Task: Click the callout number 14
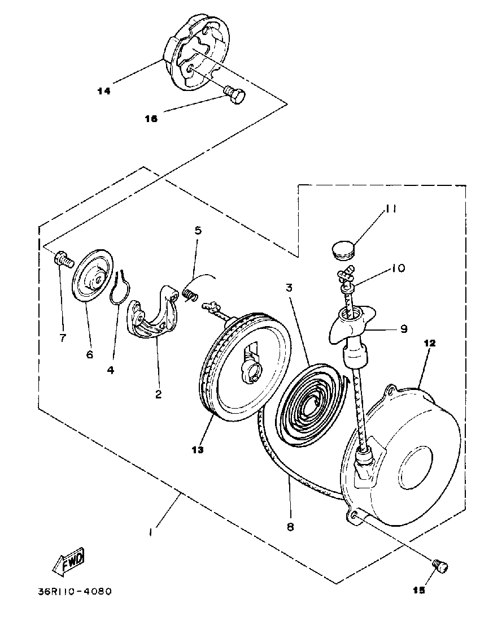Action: [x=104, y=90]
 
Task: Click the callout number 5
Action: [x=198, y=231]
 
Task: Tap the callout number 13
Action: [x=198, y=450]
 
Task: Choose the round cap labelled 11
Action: [x=341, y=249]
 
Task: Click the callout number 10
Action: [x=398, y=268]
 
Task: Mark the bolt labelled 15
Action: [x=440, y=565]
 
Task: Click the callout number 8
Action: [x=290, y=527]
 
